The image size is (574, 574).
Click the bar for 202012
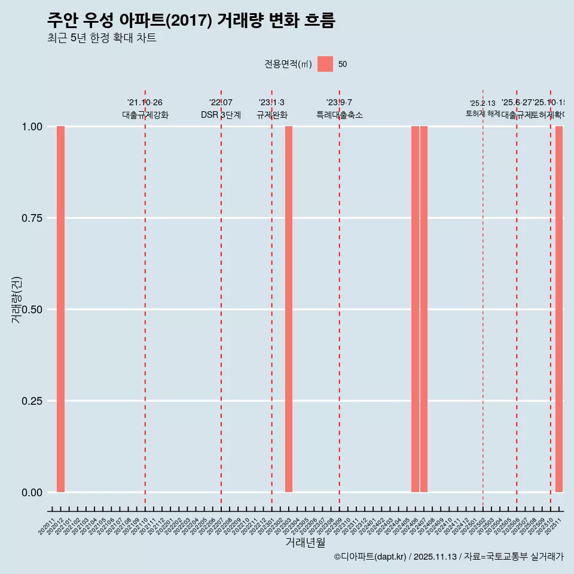pos(60,309)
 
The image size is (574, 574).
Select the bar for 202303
pos(289,309)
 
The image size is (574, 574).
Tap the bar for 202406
pos(415,309)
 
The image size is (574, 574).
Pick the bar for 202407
pos(424,309)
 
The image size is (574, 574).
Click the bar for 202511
pos(559,309)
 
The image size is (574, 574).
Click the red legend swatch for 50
pos(325,64)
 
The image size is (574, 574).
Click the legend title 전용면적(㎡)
pos(288,64)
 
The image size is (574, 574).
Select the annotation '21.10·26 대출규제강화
pos(145,109)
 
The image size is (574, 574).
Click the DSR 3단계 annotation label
pos(221,115)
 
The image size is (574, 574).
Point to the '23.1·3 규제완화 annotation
pos(272,109)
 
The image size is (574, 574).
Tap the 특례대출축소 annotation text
pos(340,115)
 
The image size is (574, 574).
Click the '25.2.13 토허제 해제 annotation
pos(483,108)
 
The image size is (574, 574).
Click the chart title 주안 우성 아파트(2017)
pos(191,20)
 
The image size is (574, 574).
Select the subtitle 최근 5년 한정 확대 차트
pos(102,38)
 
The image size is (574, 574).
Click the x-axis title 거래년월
pos(306,543)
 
